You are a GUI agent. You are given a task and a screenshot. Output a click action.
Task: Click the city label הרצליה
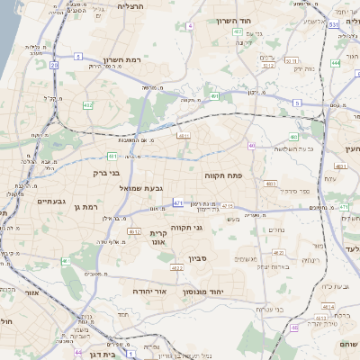134,5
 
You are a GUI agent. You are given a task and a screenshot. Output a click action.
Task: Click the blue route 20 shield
54,65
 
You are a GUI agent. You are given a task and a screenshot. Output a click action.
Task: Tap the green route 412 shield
88,105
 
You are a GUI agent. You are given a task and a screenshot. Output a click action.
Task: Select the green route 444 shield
335,63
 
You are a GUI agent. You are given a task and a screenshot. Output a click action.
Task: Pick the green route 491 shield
214,95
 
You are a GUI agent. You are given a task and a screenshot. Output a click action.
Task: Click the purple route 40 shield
252,146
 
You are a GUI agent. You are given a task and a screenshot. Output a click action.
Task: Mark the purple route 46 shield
294,328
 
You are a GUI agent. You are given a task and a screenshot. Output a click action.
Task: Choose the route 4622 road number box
176,267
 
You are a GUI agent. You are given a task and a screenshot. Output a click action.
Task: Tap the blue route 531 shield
333,25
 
